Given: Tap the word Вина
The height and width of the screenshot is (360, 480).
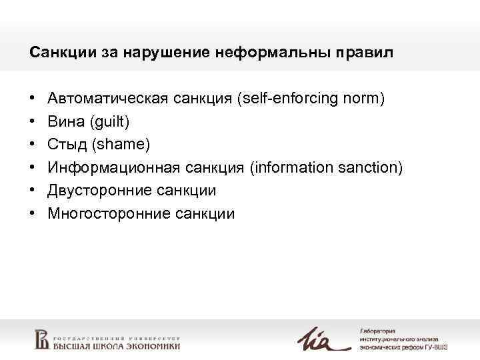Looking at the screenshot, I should [65, 122].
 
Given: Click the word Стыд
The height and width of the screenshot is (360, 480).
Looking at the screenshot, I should [67, 145].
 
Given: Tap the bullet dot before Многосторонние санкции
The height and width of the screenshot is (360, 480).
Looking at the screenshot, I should [33, 214].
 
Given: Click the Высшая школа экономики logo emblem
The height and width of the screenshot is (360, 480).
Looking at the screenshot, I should [42, 339].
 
